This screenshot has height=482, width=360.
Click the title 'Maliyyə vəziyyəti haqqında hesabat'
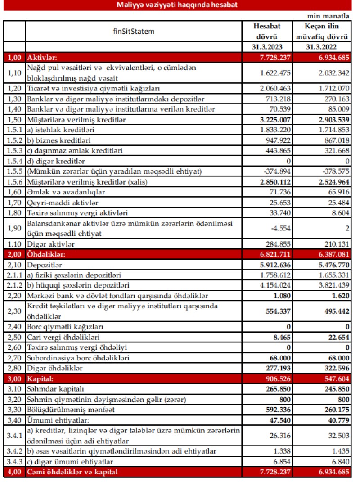coord(177,5)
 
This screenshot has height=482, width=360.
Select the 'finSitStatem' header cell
coord(134,32)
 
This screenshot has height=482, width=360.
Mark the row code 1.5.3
coord(14,150)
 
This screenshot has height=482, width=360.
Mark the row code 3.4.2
coord(14,451)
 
